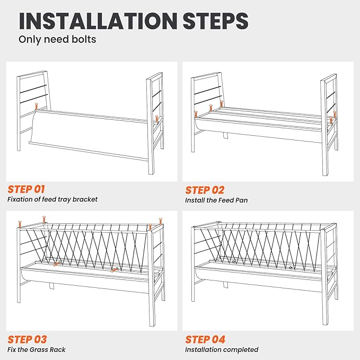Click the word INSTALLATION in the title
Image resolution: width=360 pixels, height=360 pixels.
pos(98,21)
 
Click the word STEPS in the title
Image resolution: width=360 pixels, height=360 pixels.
pos(216,21)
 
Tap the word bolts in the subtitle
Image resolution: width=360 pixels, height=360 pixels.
pos(84,39)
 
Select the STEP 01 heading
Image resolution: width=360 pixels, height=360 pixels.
pos(26,189)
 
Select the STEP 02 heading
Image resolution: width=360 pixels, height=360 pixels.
pos(205,190)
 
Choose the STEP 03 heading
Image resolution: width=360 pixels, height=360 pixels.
pos(27,339)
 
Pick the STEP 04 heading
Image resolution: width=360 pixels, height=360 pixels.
pos(205,339)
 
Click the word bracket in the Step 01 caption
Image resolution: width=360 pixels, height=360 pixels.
pos(85,199)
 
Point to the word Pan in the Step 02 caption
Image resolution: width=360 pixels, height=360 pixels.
pos(242,200)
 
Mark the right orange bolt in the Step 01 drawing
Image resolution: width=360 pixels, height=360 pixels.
pos(156,119)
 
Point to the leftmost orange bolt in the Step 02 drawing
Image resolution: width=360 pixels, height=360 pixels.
pos(196,115)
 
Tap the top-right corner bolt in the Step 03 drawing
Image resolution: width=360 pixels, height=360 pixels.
pos(161,221)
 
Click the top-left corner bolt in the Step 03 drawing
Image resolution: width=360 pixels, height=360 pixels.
pos(20,224)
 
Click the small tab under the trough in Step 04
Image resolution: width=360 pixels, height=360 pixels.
pos(226,285)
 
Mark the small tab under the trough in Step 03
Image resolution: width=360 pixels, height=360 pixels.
pos(51,286)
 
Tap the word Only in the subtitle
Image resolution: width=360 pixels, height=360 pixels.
pos(30,39)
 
